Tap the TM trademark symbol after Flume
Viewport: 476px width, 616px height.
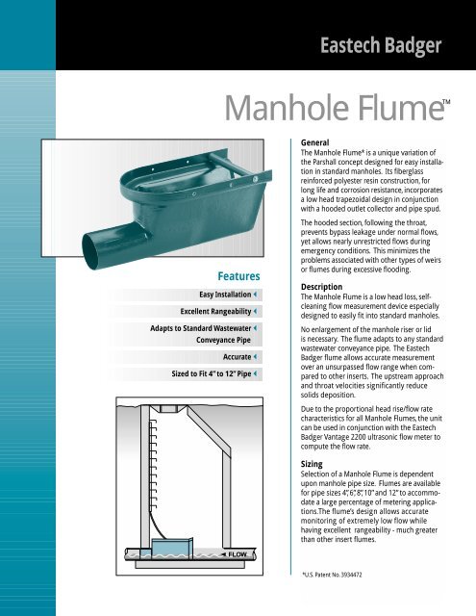pos(445,100)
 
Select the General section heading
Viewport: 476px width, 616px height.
pos(322,141)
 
